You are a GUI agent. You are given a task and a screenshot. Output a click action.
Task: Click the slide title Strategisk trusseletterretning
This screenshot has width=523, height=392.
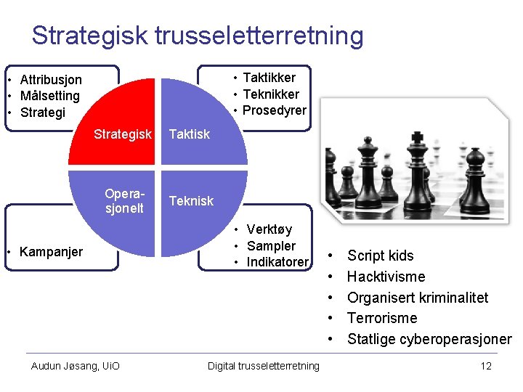197,36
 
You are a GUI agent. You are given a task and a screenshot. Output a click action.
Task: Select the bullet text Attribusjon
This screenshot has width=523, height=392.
51,79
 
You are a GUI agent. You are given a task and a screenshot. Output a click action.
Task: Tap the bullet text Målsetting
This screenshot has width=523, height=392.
49,96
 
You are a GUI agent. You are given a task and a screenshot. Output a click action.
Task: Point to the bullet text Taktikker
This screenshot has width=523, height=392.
269,78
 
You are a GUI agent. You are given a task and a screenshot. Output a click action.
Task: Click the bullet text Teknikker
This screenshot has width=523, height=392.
270,94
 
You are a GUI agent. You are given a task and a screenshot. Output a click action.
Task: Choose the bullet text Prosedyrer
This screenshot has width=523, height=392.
274,110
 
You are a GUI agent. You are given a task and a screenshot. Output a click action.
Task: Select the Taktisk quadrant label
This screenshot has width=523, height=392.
189,134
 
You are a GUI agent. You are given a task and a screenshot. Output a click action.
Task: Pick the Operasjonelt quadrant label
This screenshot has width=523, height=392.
124,201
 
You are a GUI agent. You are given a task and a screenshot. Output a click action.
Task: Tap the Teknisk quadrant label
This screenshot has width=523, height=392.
191,201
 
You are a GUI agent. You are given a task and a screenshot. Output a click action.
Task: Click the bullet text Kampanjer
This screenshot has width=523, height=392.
51,252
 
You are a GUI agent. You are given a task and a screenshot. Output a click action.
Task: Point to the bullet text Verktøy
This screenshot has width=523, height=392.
269,230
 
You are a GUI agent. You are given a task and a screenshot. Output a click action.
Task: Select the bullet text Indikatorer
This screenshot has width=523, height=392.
277,262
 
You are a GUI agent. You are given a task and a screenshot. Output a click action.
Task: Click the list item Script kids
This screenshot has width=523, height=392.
380,256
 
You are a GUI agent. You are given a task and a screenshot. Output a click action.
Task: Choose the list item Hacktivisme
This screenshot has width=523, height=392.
386,277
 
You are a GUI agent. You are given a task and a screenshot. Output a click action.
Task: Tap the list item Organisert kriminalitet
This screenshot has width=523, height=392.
418,298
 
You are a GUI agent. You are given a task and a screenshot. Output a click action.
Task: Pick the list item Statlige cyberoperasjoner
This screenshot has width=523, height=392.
429,339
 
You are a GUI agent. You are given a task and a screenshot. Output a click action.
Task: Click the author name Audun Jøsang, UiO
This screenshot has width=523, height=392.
76,366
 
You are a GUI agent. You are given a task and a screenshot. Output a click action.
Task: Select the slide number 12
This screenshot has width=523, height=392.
486,366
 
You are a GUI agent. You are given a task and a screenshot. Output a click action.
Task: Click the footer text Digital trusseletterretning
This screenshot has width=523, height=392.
263,366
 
